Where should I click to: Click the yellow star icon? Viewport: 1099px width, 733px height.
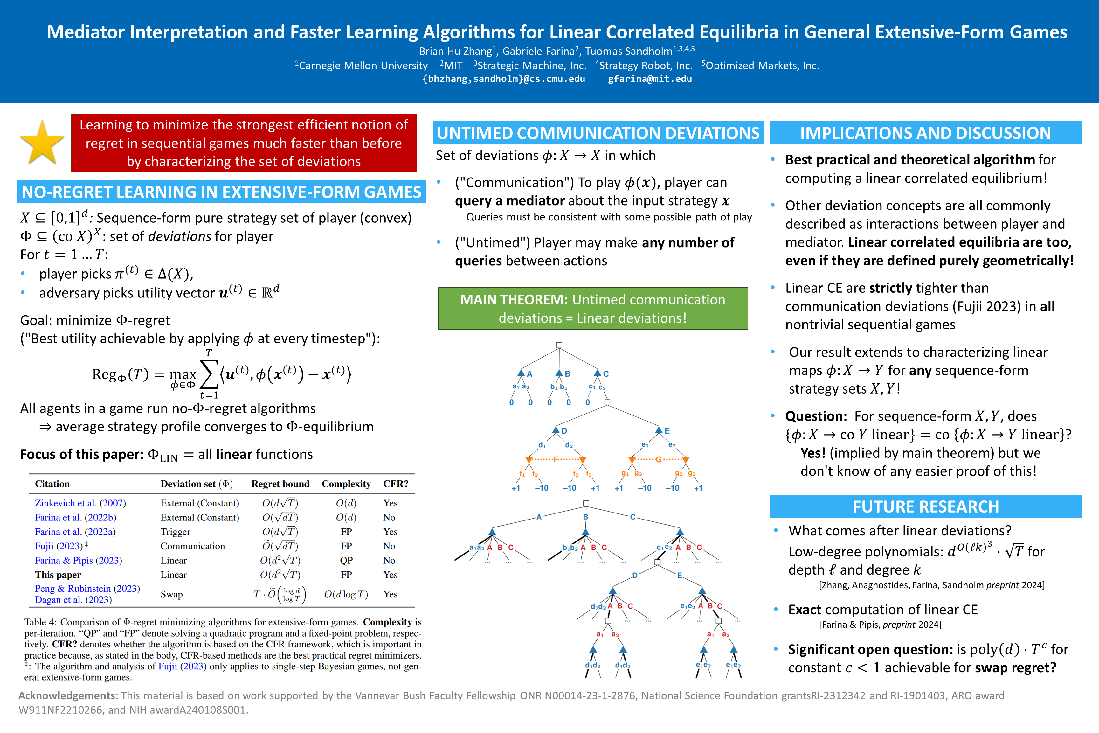[42, 143]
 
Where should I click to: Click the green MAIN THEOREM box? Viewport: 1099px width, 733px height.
[592, 309]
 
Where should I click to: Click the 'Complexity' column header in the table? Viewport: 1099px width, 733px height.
[346, 484]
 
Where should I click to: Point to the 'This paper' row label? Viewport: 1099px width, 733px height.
[58, 575]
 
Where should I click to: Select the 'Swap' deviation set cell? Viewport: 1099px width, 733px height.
[171, 594]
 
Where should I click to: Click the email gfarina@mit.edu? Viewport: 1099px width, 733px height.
[649, 79]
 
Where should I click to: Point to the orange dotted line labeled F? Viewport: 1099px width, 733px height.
[556, 459]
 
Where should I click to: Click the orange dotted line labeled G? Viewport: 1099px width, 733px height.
[658, 459]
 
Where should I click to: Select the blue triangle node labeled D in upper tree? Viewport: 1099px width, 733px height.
[556, 430]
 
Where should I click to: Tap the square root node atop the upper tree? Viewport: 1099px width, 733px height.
[559, 346]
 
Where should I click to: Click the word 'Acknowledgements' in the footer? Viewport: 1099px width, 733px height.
[66, 695]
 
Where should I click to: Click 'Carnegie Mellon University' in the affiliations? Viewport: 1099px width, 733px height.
[363, 66]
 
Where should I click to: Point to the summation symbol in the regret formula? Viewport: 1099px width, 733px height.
[209, 374]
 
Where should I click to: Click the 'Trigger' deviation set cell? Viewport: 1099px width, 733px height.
[175, 532]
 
